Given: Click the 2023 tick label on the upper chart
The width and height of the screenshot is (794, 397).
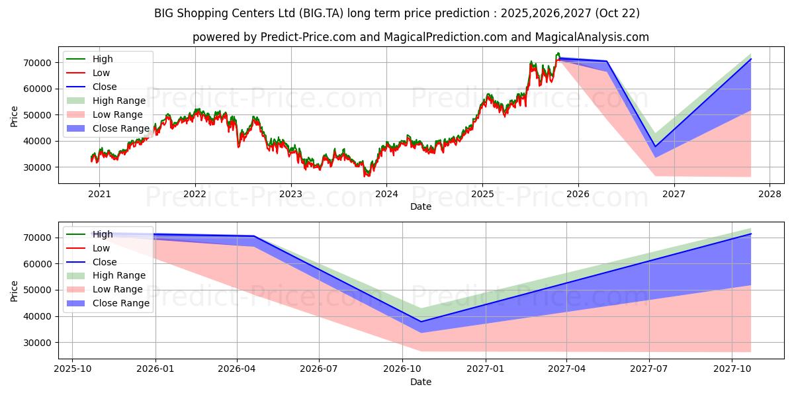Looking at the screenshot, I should click(x=290, y=195).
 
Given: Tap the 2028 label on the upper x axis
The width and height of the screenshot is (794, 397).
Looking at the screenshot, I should click(x=770, y=195).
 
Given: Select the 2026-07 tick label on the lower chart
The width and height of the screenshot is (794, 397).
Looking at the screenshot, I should click(x=319, y=369).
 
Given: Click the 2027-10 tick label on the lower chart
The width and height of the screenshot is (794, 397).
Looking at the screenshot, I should click(x=732, y=369).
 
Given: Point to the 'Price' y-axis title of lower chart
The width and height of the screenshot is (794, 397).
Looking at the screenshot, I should click(x=15, y=290).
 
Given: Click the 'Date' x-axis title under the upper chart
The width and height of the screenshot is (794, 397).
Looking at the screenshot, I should click(x=421, y=206).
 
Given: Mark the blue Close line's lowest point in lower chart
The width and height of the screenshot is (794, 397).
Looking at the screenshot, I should click(x=421, y=322).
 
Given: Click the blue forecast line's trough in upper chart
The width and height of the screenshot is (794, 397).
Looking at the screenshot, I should click(x=655, y=146).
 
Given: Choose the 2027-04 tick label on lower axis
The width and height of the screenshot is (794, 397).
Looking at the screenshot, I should click(x=567, y=369).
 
